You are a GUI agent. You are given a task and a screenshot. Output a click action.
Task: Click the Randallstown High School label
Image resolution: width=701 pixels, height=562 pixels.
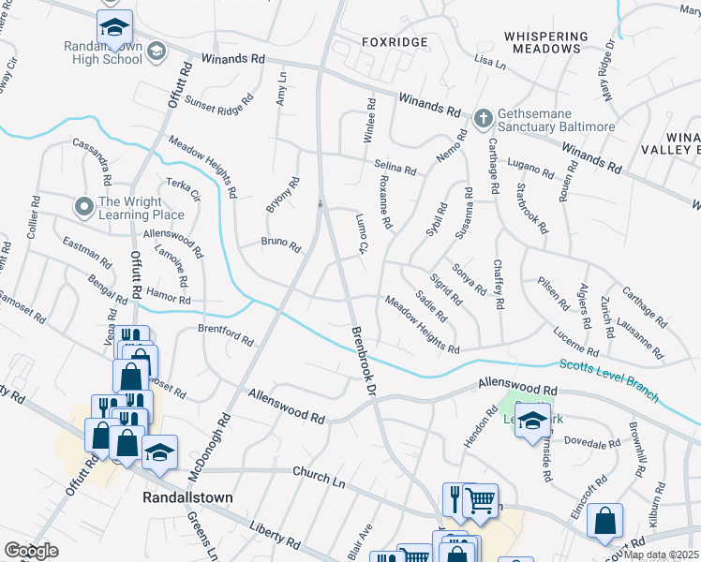pyautogui.click(x=103, y=52)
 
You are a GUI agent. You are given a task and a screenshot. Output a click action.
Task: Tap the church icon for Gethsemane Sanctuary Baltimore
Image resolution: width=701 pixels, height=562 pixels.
pyautogui.click(x=483, y=118)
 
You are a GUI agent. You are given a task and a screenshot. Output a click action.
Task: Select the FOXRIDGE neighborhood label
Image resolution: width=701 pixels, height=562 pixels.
pyautogui.click(x=395, y=42)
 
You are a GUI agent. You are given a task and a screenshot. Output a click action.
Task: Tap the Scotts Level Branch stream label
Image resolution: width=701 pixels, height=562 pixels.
pyautogui.click(x=608, y=378)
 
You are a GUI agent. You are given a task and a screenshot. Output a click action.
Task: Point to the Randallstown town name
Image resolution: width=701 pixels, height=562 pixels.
pyautogui.click(x=187, y=496)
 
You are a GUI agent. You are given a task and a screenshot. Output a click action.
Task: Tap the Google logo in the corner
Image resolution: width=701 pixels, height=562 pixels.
pyautogui.click(x=31, y=551)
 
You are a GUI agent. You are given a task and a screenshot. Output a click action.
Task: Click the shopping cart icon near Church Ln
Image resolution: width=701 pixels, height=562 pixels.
pyautogui.click(x=480, y=500)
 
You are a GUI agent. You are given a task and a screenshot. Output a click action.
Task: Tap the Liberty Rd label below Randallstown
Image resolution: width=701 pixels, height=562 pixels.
pyautogui.click(x=275, y=536)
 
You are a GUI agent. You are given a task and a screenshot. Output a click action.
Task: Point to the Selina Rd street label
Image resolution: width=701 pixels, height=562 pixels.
pyautogui.click(x=395, y=168)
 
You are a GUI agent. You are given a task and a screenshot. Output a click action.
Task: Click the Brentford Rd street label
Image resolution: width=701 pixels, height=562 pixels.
pyautogui.click(x=226, y=334)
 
